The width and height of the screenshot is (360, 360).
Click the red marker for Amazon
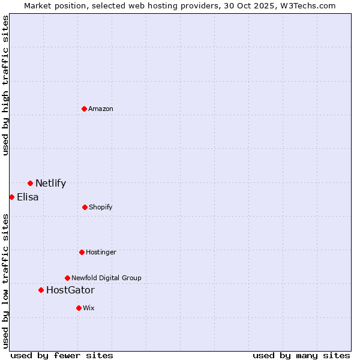coord(85,109)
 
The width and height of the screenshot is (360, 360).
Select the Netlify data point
coord(30,183)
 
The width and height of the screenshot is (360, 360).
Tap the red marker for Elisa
coord(11,197)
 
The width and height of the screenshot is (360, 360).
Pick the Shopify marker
coord(85,207)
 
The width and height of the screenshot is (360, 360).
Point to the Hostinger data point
coord(82,252)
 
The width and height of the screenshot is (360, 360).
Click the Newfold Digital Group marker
coord(67,278)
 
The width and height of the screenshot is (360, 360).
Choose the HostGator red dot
coord(41,290)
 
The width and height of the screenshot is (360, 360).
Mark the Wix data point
coord(79,308)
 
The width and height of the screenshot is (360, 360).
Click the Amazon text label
coord(101,109)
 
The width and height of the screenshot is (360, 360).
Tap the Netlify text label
coord(50,184)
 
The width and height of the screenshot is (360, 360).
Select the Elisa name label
coord(28,197)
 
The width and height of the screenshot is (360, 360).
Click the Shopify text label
coord(101,207)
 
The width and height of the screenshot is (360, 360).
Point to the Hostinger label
coord(101,252)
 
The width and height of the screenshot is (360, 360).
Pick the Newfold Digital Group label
coord(106,278)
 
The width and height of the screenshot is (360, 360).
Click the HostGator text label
coord(70,290)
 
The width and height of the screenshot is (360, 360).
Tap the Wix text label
coord(89,308)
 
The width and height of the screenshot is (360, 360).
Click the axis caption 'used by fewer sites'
coord(62,355)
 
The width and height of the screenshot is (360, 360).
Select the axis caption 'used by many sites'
coord(301,355)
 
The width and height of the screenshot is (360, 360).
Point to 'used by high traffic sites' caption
coord(5,85)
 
